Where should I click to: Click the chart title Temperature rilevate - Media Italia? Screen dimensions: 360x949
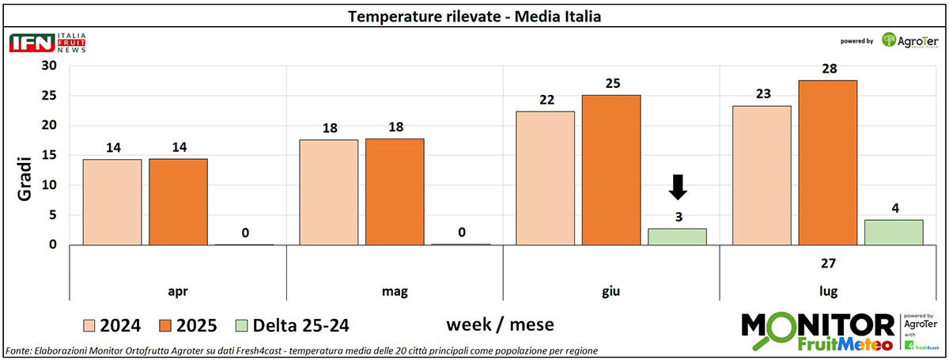[x=475, y=16]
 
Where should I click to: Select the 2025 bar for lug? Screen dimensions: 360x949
[x=827, y=162]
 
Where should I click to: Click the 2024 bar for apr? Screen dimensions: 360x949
[x=112, y=202]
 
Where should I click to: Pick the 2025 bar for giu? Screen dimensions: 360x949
[x=611, y=169]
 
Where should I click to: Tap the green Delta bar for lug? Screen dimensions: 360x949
[x=894, y=232]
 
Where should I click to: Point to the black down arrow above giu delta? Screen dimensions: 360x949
[x=678, y=187]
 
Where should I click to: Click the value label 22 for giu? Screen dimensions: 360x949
[x=546, y=99]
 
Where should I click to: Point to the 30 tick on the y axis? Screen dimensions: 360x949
[x=50, y=66]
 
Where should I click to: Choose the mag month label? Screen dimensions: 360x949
[x=394, y=292]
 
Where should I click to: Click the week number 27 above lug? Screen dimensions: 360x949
[x=827, y=263]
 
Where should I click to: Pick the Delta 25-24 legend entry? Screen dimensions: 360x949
[x=292, y=325]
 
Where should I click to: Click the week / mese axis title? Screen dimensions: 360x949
[x=500, y=324]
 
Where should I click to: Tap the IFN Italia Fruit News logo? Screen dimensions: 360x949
[x=47, y=43]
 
